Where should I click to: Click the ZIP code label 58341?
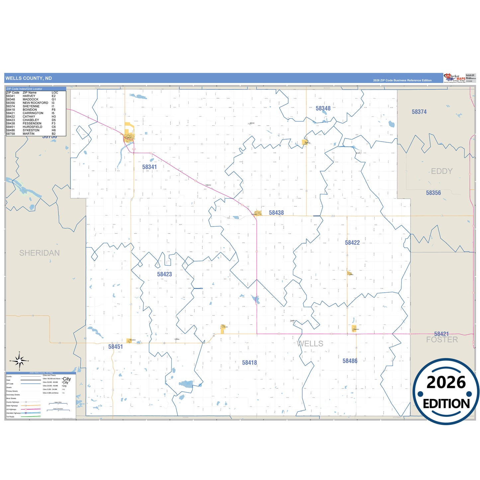click(149, 167)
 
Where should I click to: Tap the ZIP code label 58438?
click(276, 213)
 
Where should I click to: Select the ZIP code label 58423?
click(164, 274)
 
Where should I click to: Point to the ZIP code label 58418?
click(249, 363)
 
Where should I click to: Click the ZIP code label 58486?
click(350, 361)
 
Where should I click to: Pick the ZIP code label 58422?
click(352, 243)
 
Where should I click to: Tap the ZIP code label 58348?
click(323, 109)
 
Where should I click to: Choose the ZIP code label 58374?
click(419, 112)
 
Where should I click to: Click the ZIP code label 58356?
click(433, 193)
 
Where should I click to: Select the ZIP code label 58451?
click(116, 347)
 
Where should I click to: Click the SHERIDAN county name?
click(40, 253)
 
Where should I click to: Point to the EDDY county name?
click(441, 171)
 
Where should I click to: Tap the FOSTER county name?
click(442, 340)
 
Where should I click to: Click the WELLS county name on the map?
click(310, 344)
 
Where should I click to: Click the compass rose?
click(19, 360)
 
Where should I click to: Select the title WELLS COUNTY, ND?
click(29, 78)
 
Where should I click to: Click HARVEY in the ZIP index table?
click(29, 96)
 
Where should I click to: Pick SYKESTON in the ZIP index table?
click(31, 130)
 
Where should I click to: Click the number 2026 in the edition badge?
click(446, 383)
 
